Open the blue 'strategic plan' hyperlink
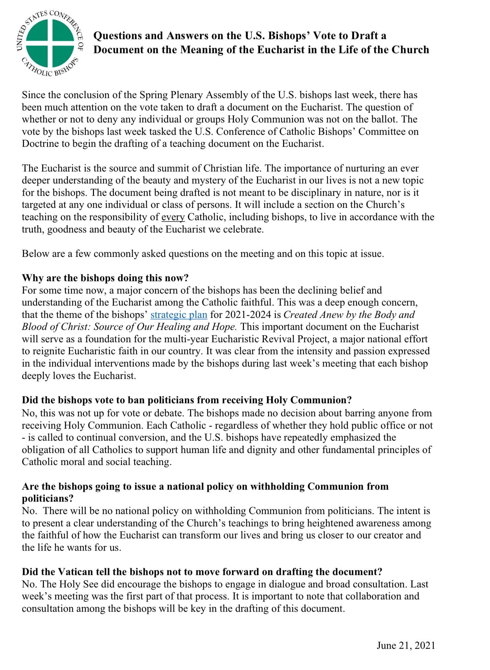coord(179,315)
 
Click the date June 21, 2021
coord(406,645)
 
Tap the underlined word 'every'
coord(173,217)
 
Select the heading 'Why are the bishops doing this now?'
coord(105,278)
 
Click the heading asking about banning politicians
coord(187,400)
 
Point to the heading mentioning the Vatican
coord(202,572)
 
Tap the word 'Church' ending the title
coord(410,50)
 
